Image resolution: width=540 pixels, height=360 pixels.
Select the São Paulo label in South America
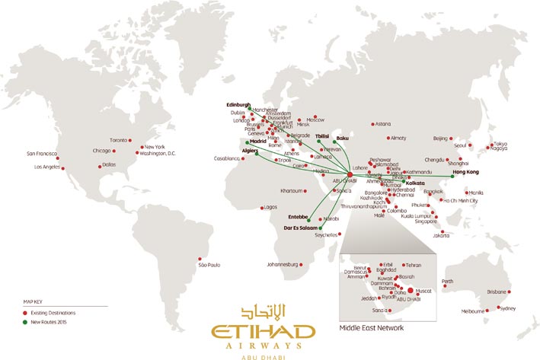[209, 265]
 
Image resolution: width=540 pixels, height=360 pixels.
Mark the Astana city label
[382, 124]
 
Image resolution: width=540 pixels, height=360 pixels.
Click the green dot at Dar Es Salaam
[321, 228]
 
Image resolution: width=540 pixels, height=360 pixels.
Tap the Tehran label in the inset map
[412, 265]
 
